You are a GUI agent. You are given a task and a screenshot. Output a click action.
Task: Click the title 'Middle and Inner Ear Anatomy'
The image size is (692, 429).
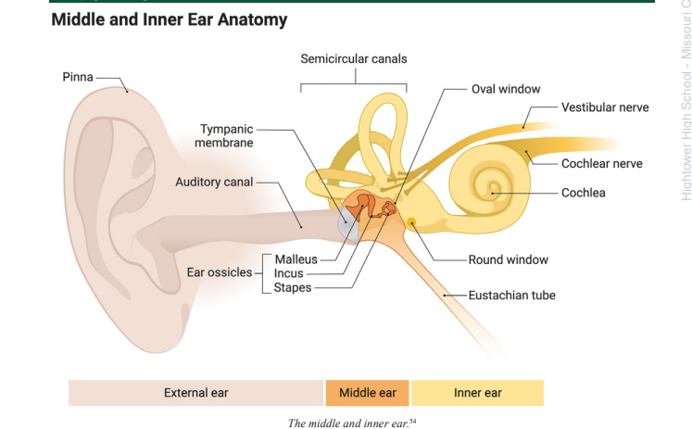pyautogui.click(x=169, y=19)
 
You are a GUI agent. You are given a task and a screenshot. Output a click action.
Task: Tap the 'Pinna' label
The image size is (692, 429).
pyautogui.click(x=78, y=77)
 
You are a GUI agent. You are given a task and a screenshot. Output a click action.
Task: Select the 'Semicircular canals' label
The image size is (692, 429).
pyautogui.click(x=353, y=59)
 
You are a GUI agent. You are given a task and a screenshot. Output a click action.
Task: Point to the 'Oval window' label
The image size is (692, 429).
pyautogui.click(x=506, y=89)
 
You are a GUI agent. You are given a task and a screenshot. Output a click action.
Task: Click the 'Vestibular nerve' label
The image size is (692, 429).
pyautogui.click(x=604, y=107)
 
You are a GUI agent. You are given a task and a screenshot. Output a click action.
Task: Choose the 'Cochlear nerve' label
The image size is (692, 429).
pyautogui.click(x=601, y=163)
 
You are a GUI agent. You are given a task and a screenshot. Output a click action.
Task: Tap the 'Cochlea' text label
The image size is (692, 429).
pyautogui.click(x=583, y=193)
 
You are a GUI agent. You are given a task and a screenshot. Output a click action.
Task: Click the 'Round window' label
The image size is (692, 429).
pyautogui.click(x=508, y=259)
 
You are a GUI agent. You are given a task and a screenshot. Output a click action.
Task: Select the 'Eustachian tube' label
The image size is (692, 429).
pyautogui.click(x=511, y=296)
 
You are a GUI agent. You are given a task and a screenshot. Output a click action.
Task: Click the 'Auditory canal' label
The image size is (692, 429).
pyautogui.click(x=214, y=182)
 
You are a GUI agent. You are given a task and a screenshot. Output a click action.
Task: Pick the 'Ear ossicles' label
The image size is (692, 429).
pyautogui.click(x=219, y=272)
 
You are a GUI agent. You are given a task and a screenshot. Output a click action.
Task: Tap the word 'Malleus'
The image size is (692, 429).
pyautogui.click(x=296, y=259)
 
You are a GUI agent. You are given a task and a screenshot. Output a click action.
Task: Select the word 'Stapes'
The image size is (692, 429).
pyautogui.click(x=292, y=287)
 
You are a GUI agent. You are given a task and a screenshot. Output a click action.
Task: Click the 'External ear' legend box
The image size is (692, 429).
pyautogui.click(x=195, y=393)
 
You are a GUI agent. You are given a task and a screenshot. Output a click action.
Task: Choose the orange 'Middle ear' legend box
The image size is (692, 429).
pyautogui.click(x=367, y=393)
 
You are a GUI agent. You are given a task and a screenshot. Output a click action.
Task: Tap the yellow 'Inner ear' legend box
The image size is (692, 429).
pyautogui.click(x=477, y=393)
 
